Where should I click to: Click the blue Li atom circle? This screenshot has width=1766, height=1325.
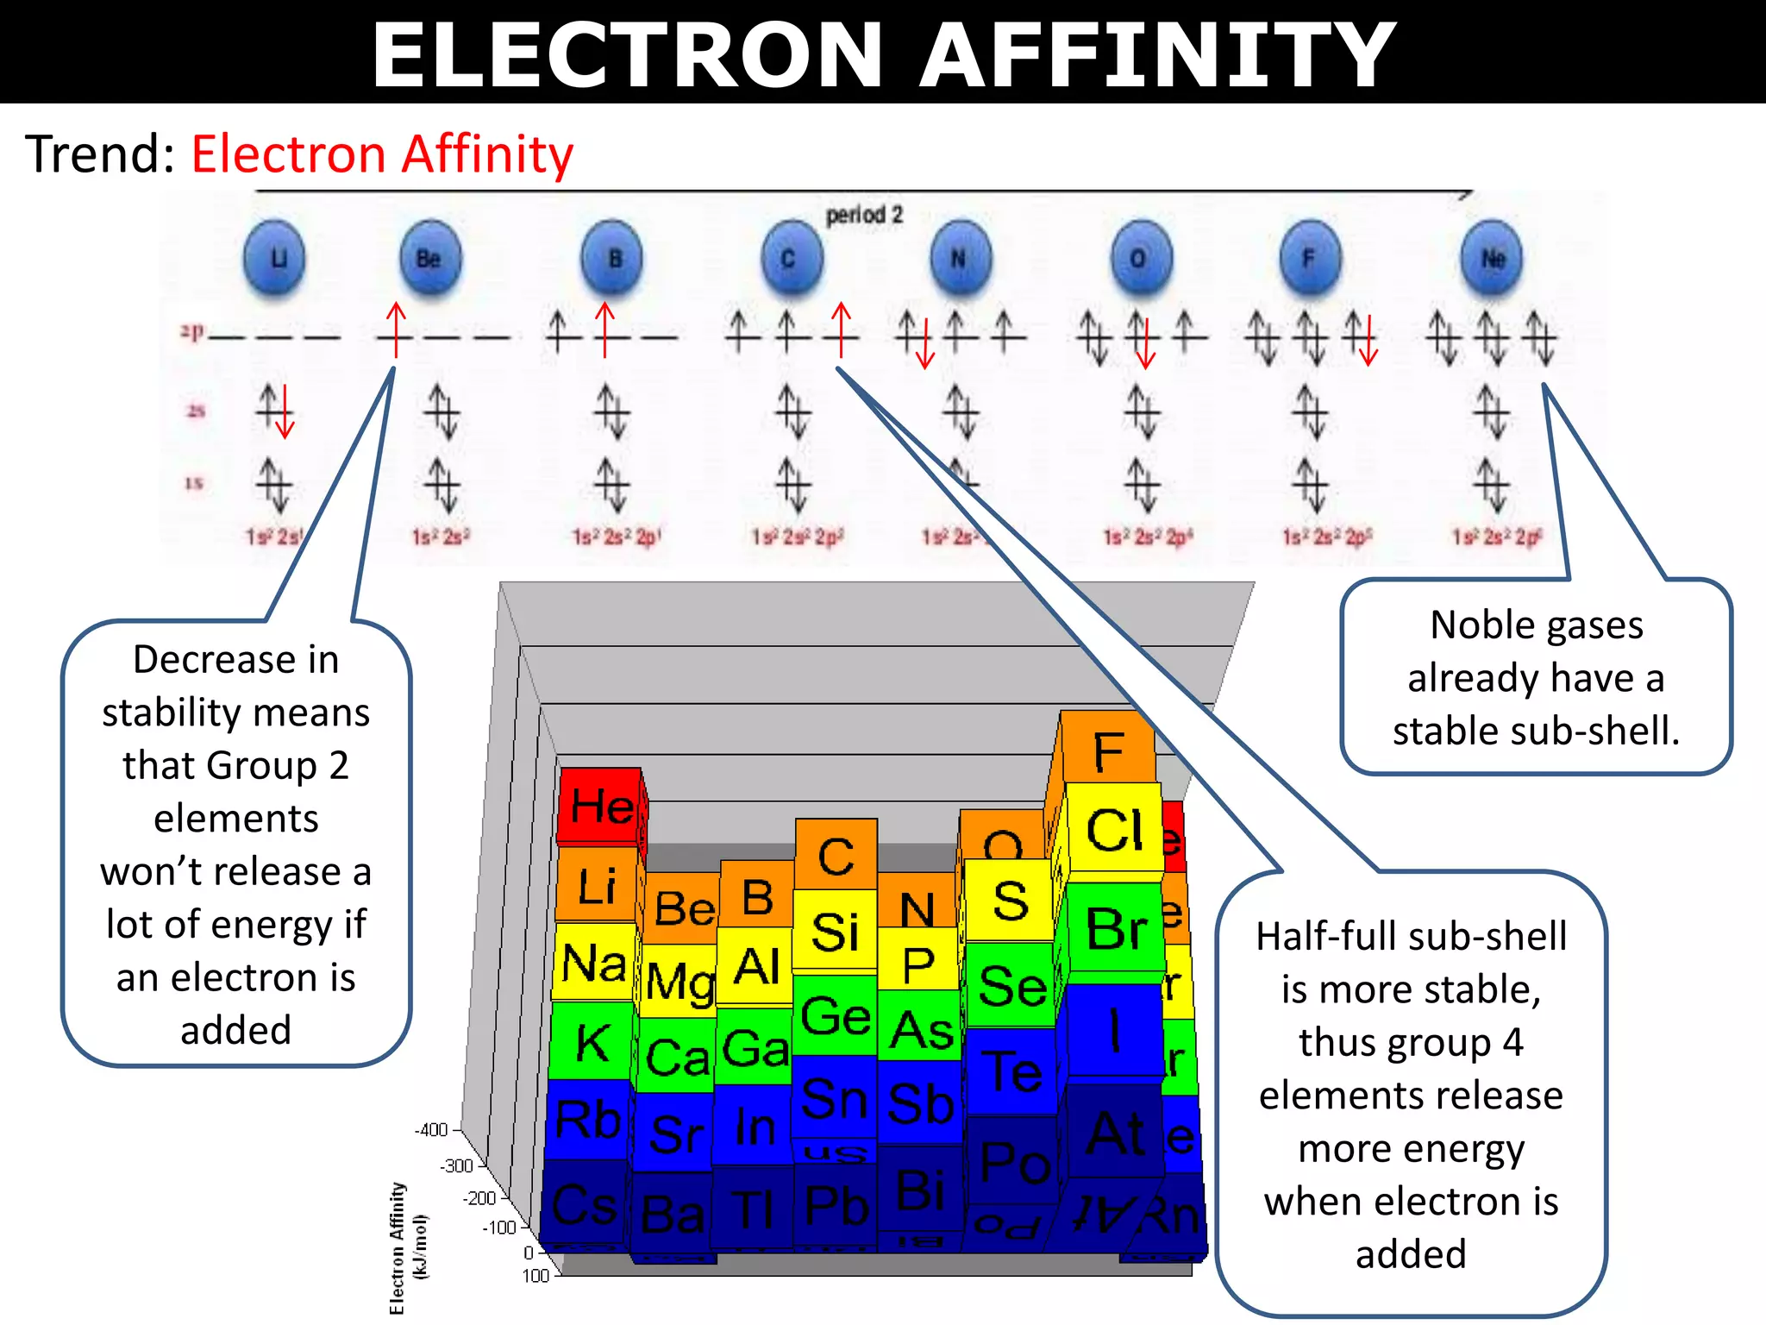pos(275,258)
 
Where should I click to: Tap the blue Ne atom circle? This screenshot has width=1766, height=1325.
pos(1492,258)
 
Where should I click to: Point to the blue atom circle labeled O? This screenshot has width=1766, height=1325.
pos(1140,258)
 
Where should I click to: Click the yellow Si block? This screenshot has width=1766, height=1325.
pos(835,932)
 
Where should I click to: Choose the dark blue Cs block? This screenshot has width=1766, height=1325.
pos(584,1204)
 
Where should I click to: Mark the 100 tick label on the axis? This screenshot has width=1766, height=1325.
pos(535,1275)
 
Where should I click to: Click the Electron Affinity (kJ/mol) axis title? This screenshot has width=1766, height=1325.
pos(405,1247)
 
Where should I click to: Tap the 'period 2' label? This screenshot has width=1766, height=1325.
pos(864,215)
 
